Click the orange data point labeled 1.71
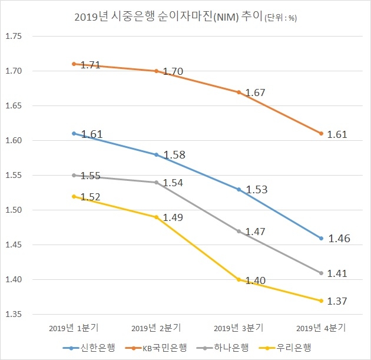tap(74, 64)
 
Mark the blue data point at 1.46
tap(322, 238)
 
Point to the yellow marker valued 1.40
tap(239, 279)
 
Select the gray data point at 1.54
tap(156, 182)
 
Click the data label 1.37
tap(337, 301)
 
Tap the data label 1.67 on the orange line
tap(256, 93)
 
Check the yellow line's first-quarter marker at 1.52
tap(74, 196)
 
